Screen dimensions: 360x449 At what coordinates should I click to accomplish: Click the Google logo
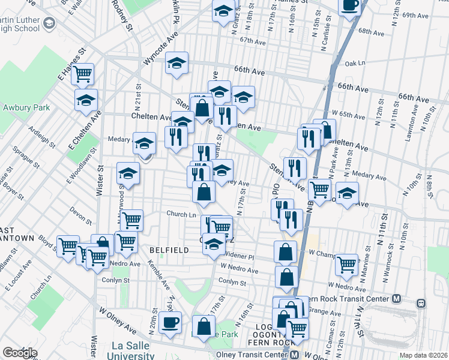point(20,353)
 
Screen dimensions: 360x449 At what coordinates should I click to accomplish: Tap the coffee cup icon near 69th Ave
point(350,6)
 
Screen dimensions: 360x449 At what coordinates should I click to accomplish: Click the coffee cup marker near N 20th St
point(170,322)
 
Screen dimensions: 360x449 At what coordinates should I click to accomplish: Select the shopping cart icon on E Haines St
point(83,74)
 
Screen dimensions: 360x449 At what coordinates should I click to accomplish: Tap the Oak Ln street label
point(355,62)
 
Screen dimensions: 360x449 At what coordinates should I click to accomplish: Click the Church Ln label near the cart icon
point(181,214)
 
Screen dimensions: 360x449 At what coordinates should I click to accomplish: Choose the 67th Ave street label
point(252,41)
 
